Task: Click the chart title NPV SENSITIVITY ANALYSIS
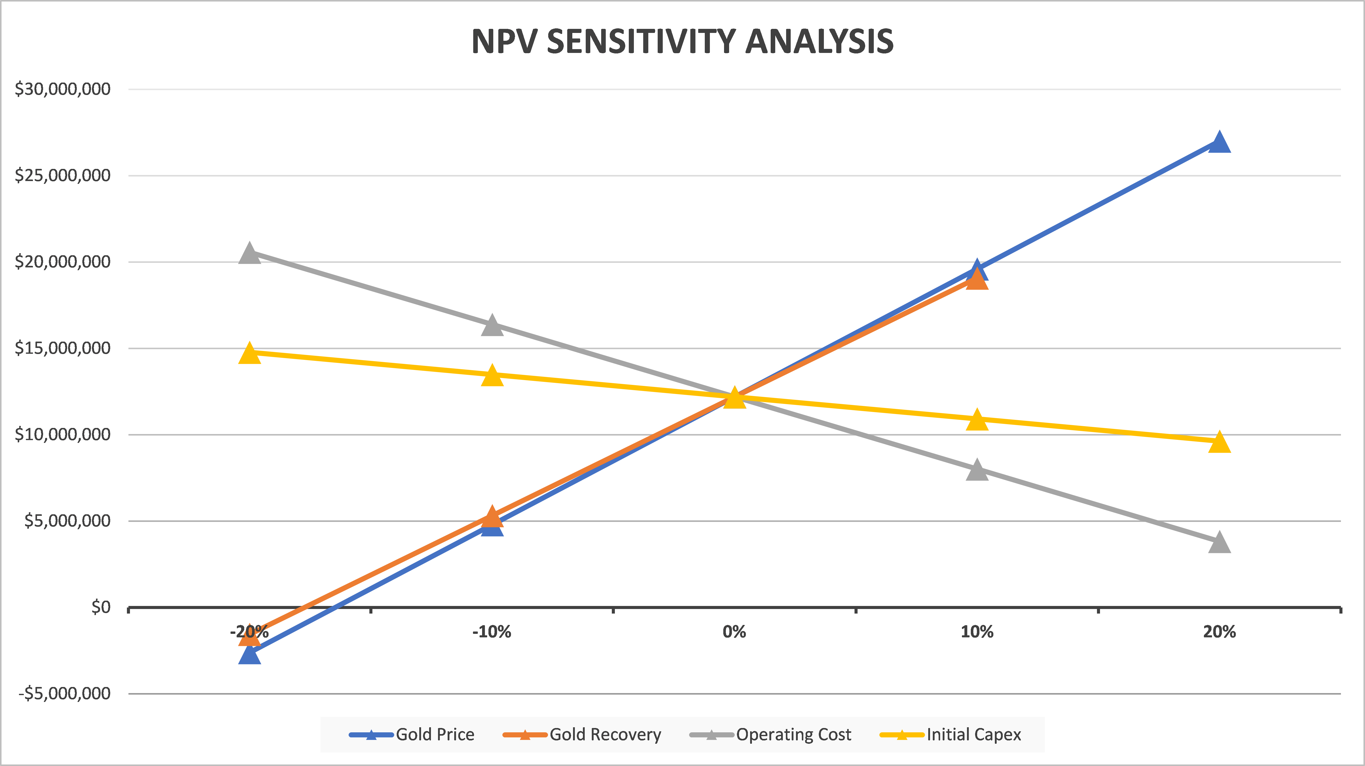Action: [x=682, y=41]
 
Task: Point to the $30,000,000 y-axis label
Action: [x=63, y=89]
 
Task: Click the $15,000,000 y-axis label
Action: [x=63, y=348]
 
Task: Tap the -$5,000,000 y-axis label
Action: [x=65, y=693]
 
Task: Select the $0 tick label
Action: [x=101, y=607]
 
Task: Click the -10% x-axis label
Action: [x=492, y=632]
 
